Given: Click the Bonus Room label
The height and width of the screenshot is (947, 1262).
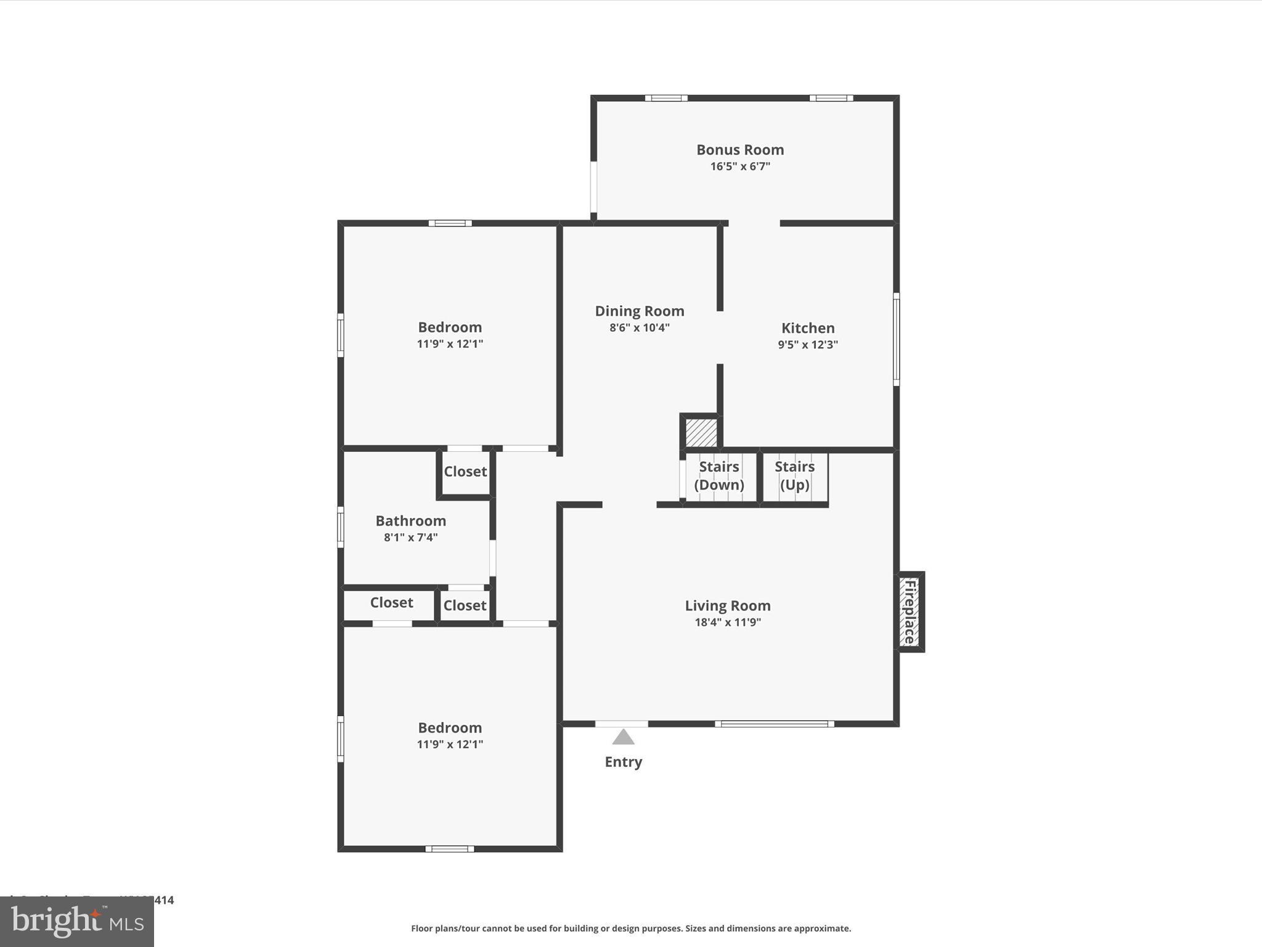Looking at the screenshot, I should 740,150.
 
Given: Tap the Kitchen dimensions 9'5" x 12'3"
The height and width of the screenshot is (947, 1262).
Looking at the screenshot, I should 808,345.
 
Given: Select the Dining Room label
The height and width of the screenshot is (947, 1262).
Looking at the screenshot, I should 640,311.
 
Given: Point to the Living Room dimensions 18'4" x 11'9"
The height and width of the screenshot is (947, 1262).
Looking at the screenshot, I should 728,622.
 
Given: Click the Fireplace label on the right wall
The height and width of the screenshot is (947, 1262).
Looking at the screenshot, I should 910,612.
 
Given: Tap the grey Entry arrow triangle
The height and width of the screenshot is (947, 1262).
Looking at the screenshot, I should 623,737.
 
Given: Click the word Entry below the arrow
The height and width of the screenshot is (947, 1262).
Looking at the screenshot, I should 623,762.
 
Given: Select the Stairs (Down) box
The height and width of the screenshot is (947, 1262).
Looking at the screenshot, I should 719,476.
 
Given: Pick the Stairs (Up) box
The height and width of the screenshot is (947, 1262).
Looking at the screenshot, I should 794,476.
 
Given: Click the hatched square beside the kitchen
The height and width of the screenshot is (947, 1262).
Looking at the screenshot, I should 701,433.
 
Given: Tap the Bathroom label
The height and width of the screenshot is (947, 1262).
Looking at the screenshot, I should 410,521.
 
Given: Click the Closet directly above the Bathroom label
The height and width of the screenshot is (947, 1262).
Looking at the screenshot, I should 465,472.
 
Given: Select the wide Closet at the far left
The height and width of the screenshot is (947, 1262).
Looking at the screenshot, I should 391,603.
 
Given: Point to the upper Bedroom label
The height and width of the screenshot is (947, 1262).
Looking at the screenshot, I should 450,327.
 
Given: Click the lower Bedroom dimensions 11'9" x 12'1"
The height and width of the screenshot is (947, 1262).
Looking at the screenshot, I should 450,744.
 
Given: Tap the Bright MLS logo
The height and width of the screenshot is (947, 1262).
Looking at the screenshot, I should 77,922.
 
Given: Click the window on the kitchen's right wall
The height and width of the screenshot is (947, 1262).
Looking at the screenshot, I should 897,339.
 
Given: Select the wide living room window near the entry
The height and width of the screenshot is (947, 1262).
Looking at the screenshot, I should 775,724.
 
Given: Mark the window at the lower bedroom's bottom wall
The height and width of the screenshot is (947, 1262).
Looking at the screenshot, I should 450,849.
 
